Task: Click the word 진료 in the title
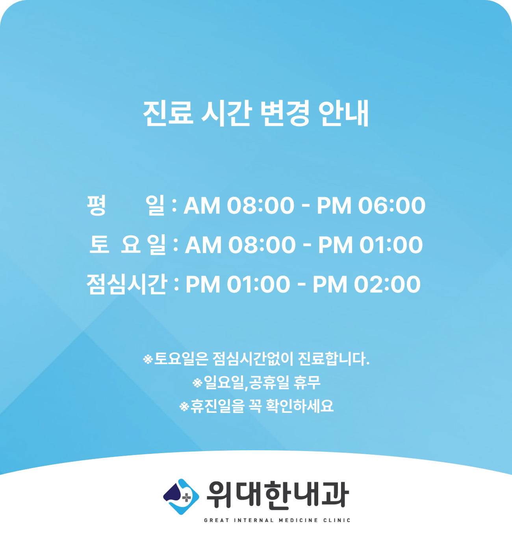click(168, 114)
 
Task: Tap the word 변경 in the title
click(285, 114)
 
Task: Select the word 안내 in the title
click(343, 114)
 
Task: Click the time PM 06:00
click(371, 206)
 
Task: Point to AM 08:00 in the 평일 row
click(239, 206)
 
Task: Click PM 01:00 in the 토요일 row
click(370, 245)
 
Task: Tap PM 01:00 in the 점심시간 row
click(237, 284)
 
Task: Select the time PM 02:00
click(367, 284)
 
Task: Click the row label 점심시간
click(126, 284)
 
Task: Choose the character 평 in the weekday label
click(96, 205)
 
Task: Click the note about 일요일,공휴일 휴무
click(256, 383)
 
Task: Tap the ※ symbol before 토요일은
click(148, 359)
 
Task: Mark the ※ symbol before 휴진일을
click(184, 407)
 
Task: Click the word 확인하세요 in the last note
click(300, 406)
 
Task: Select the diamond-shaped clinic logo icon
click(181, 497)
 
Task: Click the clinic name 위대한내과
click(278, 495)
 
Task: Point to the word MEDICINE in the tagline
click(298, 520)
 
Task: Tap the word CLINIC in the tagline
click(337, 520)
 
